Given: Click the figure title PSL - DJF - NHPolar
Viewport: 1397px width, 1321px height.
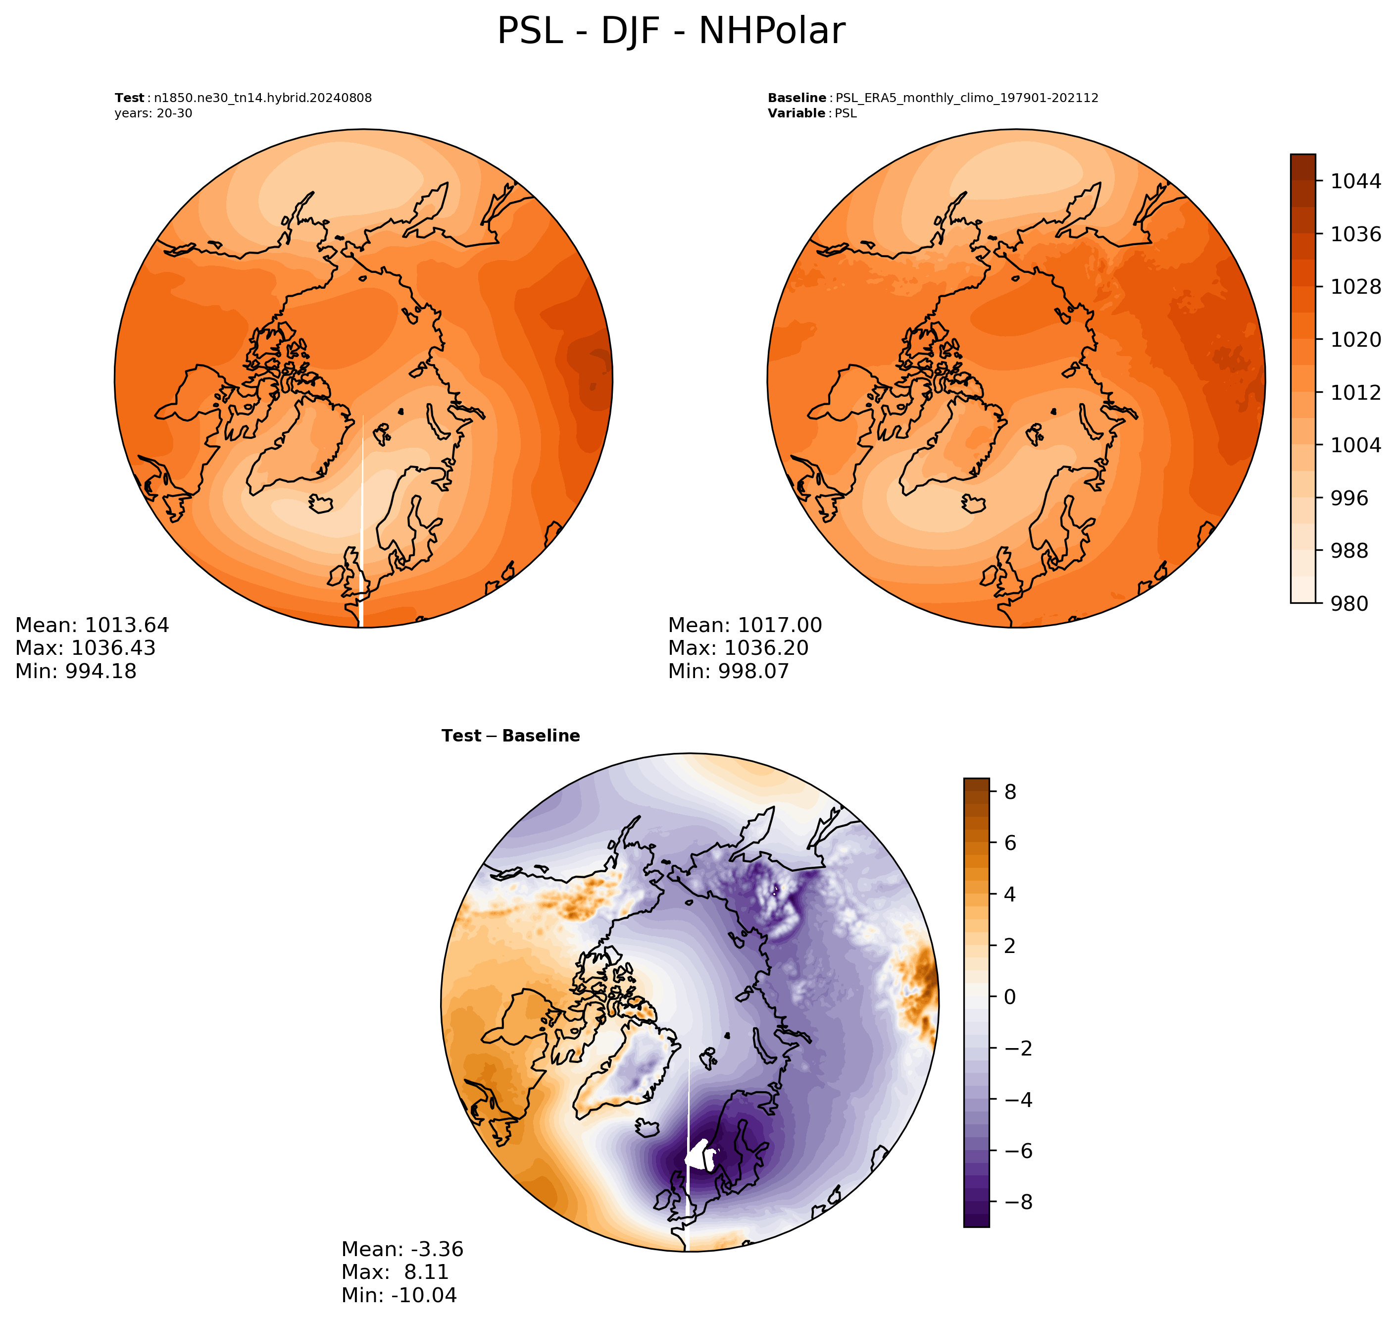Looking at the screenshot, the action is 671,32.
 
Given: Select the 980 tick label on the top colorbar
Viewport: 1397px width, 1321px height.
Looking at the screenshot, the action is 1349,603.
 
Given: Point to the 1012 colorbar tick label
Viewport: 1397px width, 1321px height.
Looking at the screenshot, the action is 1355,392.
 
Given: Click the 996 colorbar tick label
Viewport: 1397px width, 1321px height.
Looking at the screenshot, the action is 1349,498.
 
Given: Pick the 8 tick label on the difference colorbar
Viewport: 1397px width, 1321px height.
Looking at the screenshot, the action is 1010,792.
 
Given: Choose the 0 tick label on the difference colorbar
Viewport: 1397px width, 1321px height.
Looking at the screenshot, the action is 1010,997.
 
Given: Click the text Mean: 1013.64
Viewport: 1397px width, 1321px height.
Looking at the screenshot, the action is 92,625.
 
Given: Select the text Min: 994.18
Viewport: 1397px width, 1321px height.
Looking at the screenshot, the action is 76,671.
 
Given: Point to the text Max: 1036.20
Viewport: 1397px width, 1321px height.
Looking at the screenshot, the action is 738,648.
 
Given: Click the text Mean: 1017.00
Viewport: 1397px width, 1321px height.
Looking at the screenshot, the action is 745,625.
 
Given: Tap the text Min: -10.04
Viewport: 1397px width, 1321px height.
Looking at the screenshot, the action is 399,1295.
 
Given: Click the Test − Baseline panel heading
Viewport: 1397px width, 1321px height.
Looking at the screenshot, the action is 510,736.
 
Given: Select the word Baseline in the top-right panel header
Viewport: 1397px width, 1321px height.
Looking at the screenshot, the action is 797,98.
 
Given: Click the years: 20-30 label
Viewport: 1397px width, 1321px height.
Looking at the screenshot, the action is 153,113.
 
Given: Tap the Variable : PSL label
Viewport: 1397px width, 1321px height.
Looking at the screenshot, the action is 812,113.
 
